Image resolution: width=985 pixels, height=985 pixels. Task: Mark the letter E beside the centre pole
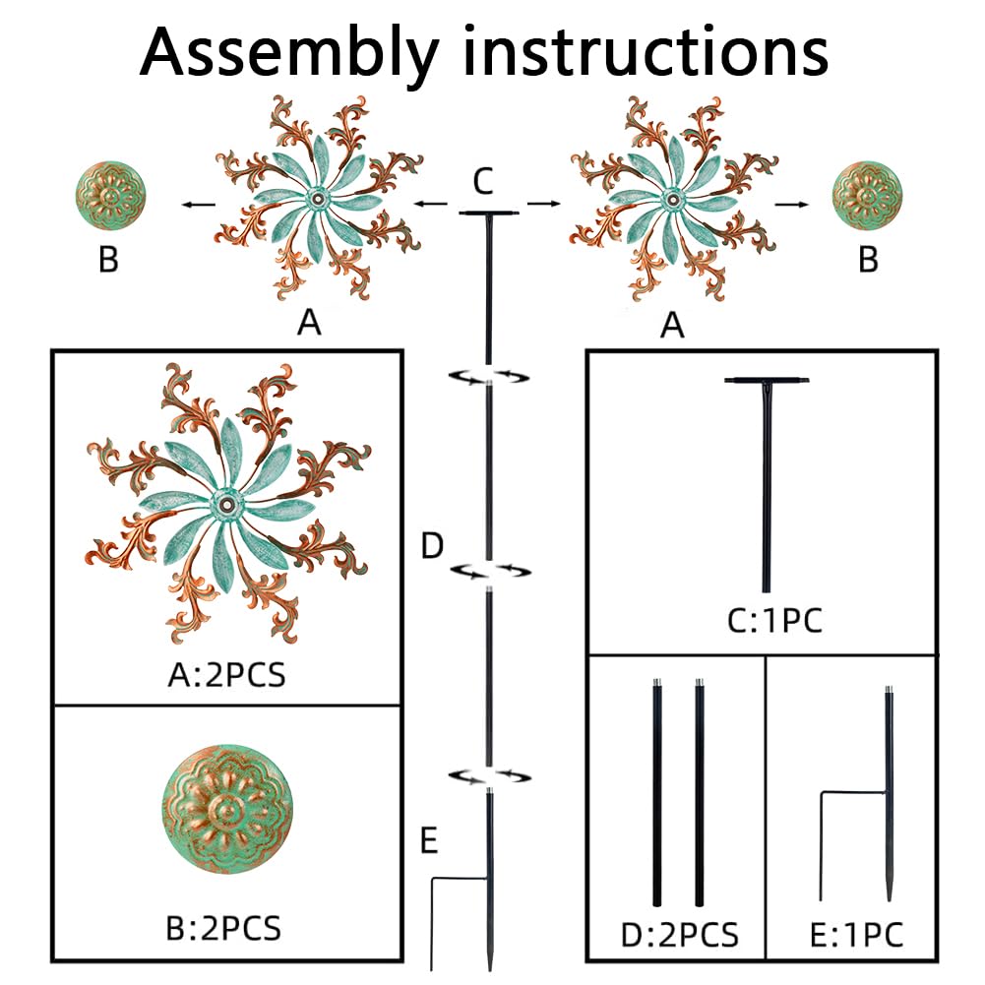[427, 841]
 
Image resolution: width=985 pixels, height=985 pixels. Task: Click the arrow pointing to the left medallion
[198, 205]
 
